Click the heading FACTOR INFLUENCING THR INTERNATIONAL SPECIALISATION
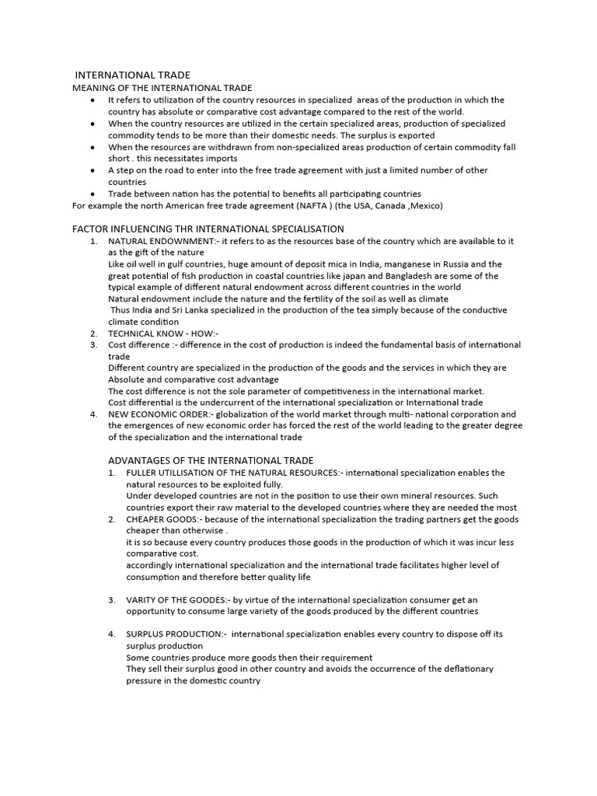[208, 229]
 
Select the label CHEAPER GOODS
[164, 519]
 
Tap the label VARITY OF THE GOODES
[176, 600]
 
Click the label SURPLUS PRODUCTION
[174, 634]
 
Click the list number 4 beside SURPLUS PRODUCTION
[112, 634]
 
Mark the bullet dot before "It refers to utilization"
[93, 100]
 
